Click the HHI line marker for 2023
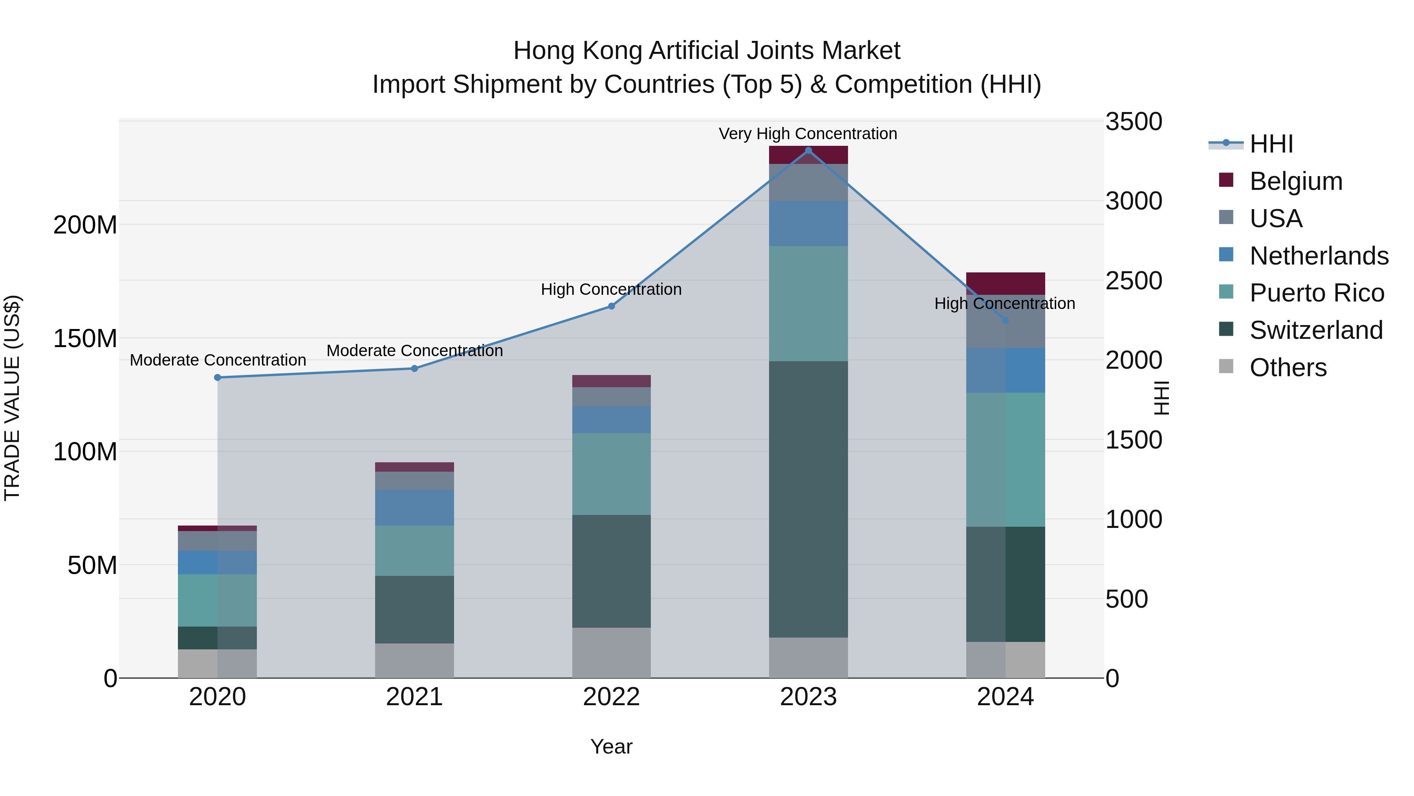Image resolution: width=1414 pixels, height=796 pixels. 808,151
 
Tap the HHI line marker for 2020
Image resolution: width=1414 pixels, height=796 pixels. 217,377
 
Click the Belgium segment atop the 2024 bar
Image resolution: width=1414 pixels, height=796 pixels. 1005,283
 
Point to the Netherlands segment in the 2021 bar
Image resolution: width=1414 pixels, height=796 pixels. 414,507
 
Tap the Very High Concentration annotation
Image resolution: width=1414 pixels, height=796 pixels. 808,134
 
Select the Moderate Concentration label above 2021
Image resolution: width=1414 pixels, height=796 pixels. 414,351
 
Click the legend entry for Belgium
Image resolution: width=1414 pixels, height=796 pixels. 1295,181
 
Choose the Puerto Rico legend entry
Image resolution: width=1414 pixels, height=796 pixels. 1316,293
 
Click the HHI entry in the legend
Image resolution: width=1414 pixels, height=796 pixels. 1271,144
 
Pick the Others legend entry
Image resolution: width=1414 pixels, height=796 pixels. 1288,368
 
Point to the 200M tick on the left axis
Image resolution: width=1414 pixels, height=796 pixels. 85,225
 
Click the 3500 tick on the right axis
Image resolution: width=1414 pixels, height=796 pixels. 1134,121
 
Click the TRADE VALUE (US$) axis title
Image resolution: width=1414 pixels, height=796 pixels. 13,398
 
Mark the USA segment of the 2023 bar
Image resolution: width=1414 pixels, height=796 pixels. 808,182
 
